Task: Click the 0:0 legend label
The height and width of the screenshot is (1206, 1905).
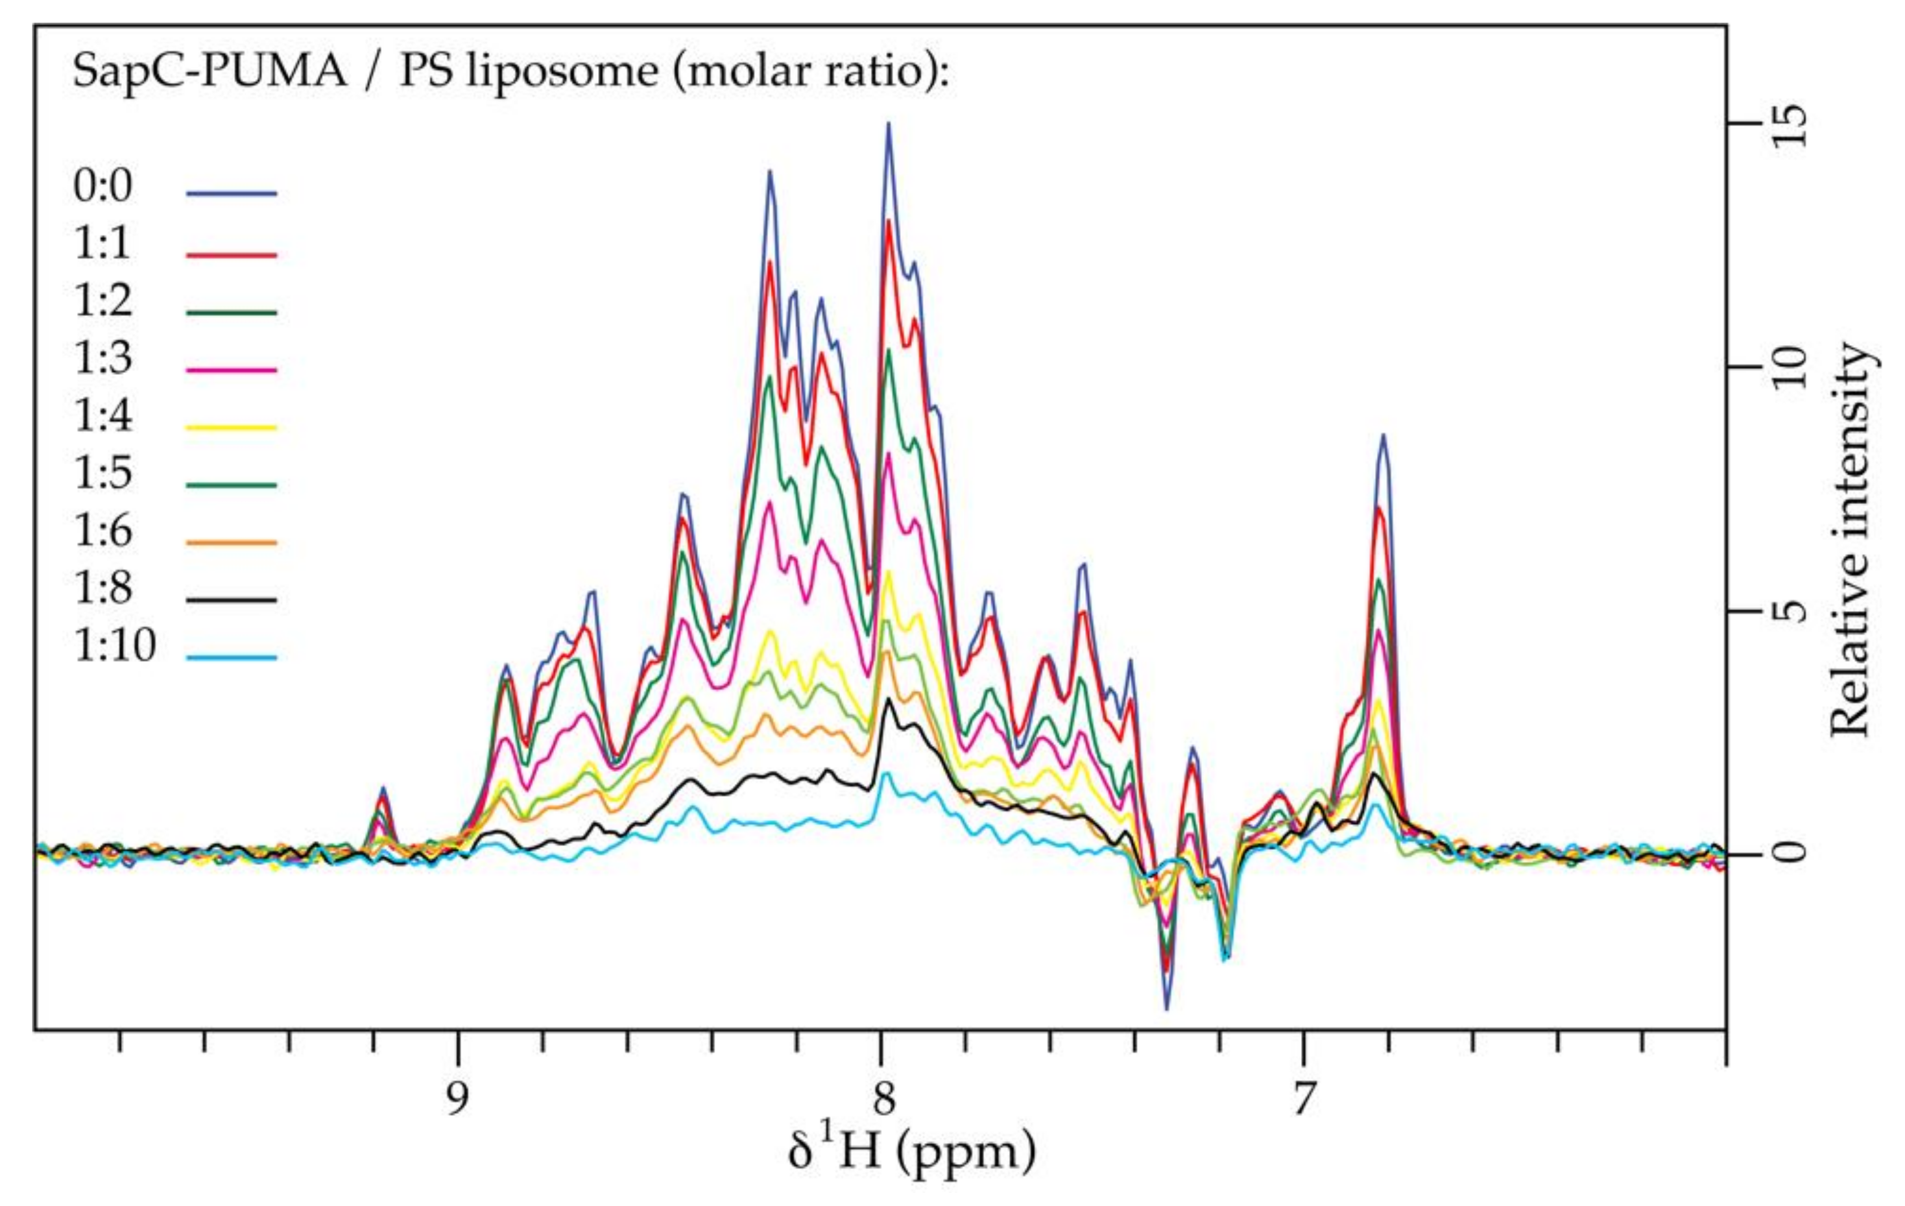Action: click(x=103, y=187)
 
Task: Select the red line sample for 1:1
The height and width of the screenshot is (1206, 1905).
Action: click(x=232, y=255)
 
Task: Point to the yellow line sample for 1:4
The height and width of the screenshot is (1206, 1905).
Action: click(x=232, y=428)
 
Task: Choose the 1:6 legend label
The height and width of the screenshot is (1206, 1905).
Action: click(x=103, y=531)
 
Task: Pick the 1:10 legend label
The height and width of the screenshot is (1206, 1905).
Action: click(x=115, y=645)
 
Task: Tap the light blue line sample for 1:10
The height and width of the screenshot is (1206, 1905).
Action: click(x=232, y=657)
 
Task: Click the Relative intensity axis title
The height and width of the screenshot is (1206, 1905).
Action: click(x=1851, y=538)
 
